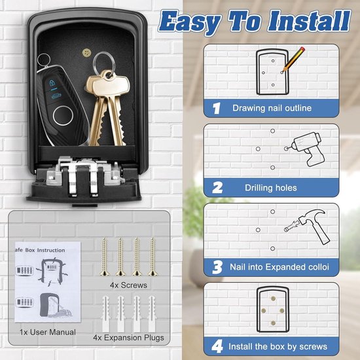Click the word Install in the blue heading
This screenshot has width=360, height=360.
(x=310, y=21)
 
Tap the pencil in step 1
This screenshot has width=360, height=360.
(x=294, y=59)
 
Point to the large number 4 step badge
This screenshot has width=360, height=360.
(x=217, y=346)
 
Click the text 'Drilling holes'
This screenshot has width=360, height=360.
(x=271, y=188)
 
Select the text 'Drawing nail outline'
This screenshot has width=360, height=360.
(x=272, y=108)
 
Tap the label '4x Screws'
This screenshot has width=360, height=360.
(x=128, y=285)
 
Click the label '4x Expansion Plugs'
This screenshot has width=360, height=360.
(x=128, y=338)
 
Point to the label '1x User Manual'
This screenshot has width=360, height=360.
(x=48, y=332)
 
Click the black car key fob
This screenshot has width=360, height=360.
(x=62, y=105)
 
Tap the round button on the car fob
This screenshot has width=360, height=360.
(x=63, y=116)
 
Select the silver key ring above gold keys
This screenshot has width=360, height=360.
(x=104, y=62)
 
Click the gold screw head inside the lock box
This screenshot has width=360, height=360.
(x=86, y=53)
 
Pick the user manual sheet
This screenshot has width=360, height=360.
(x=48, y=282)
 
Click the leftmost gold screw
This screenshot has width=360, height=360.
(x=105, y=257)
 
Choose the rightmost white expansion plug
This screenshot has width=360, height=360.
(x=152, y=314)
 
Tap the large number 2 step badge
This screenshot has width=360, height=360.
(x=217, y=188)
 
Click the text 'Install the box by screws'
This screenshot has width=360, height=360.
(x=278, y=346)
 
